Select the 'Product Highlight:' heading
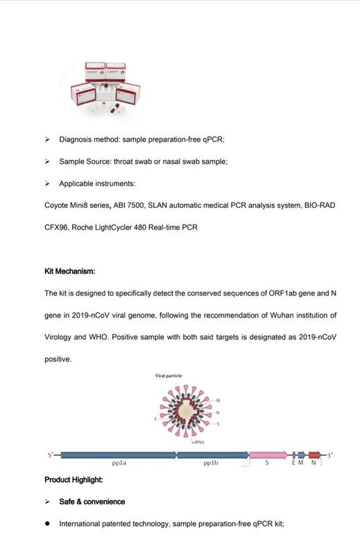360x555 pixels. [74, 479]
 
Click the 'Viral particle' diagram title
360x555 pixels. [169, 375]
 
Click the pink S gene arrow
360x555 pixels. [268, 454]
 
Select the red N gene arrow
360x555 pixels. [315, 454]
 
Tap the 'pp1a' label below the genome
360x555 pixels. [119, 464]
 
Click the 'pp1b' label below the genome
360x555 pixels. [212, 464]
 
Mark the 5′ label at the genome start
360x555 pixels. [51, 454]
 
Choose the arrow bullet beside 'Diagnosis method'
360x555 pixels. [47, 139]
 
